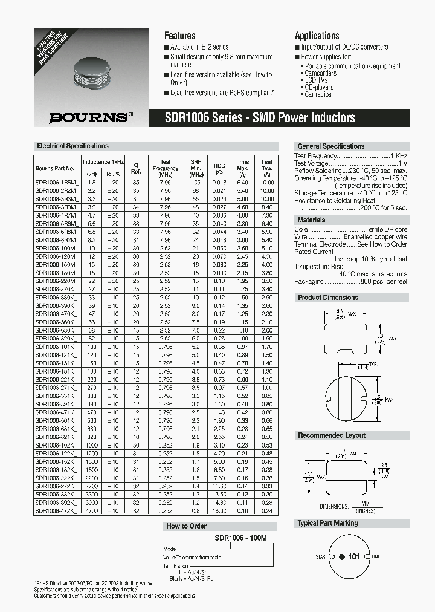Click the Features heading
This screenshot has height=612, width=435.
pos(179,36)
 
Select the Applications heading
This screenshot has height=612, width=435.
pos(317,36)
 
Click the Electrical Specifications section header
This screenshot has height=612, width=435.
pos(73,146)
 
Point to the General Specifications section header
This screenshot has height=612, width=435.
pos(330,146)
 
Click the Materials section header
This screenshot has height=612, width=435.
pos(311,220)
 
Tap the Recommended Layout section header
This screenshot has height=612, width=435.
pos(331,435)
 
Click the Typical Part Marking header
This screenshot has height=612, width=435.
pos(327,523)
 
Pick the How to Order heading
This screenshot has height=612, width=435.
pos(186,526)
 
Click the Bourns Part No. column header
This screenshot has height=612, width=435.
pos(55,168)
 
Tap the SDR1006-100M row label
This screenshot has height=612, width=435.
pos(55,248)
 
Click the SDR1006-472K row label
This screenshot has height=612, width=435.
pos(55,511)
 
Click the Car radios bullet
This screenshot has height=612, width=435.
pos(318,95)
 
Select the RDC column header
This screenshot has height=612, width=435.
pos(219,168)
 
